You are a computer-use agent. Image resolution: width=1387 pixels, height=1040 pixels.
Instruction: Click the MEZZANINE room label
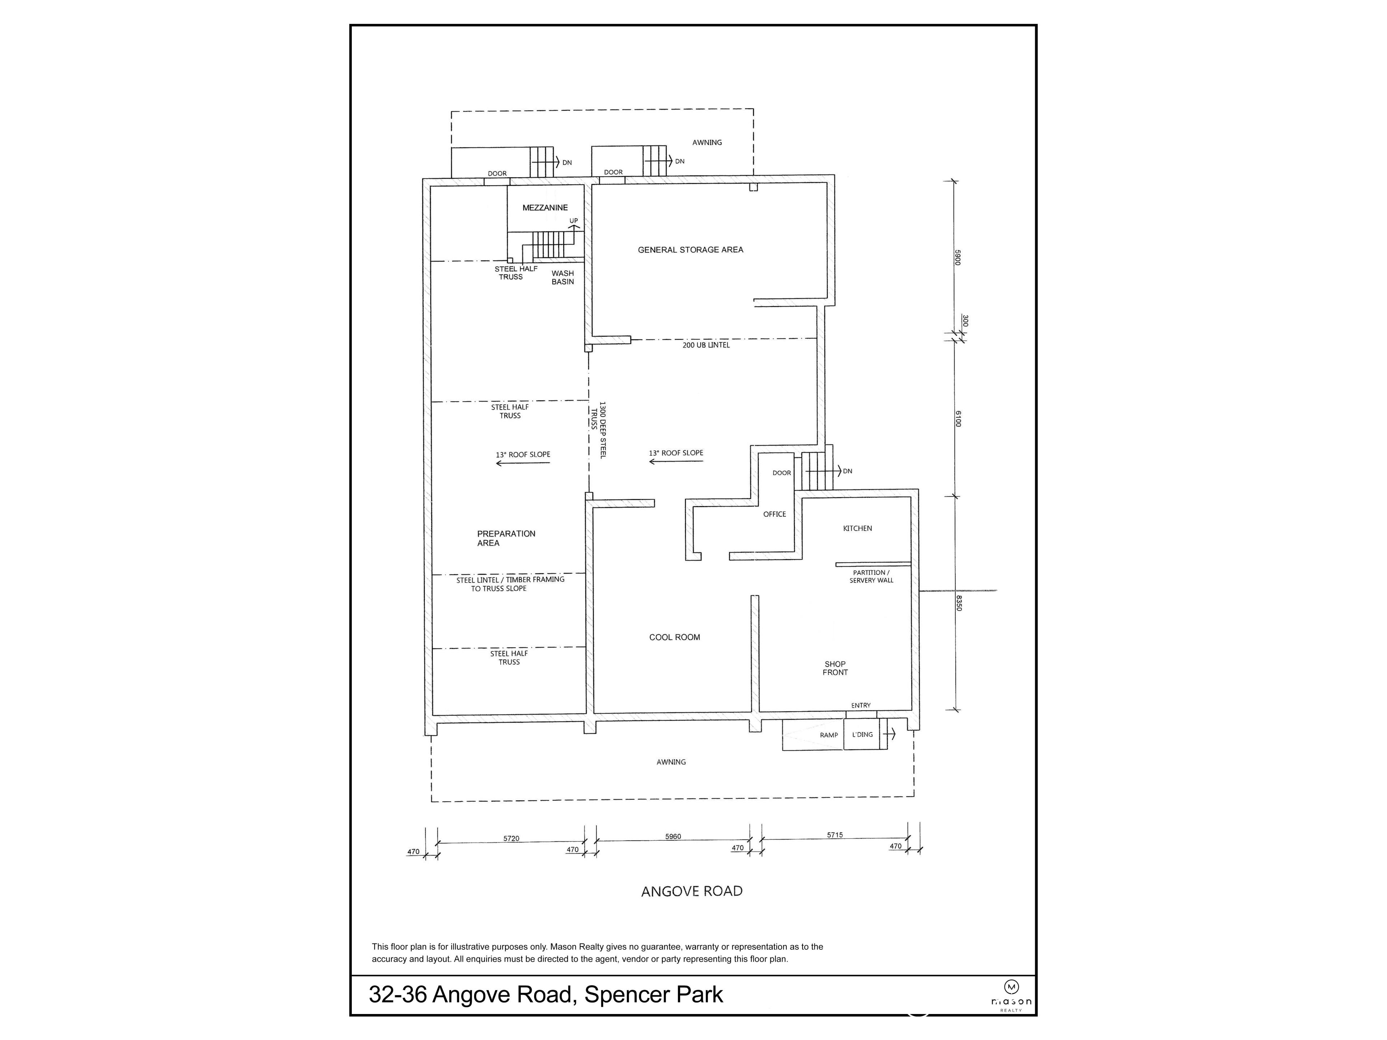tap(545, 208)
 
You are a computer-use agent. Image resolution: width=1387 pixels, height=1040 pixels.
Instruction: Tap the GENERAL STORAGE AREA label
tap(690, 250)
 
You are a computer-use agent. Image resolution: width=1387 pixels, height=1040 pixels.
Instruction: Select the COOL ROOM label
tap(674, 637)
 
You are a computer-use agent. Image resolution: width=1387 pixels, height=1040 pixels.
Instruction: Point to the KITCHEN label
tap(857, 528)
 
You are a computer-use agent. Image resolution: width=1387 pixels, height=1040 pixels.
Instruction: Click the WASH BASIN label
tap(562, 277)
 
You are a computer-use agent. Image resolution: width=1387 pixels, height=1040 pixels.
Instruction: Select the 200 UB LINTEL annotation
tap(706, 345)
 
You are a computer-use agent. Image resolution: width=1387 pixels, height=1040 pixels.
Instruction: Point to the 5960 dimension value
tap(673, 836)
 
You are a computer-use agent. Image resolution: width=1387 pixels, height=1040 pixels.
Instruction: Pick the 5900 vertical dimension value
tap(958, 257)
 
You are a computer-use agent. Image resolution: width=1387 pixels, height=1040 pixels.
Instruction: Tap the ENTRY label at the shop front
tap(860, 705)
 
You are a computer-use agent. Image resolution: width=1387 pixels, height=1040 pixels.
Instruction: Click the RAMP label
tap(828, 735)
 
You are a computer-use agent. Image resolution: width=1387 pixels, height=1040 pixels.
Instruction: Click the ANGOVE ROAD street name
tap(692, 891)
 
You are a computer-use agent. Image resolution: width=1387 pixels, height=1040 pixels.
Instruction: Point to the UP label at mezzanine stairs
tap(573, 221)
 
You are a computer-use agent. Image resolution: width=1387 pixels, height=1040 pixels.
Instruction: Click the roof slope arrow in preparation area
tap(522, 463)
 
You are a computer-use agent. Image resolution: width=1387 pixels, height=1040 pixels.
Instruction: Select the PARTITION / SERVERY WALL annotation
tap(871, 576)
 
